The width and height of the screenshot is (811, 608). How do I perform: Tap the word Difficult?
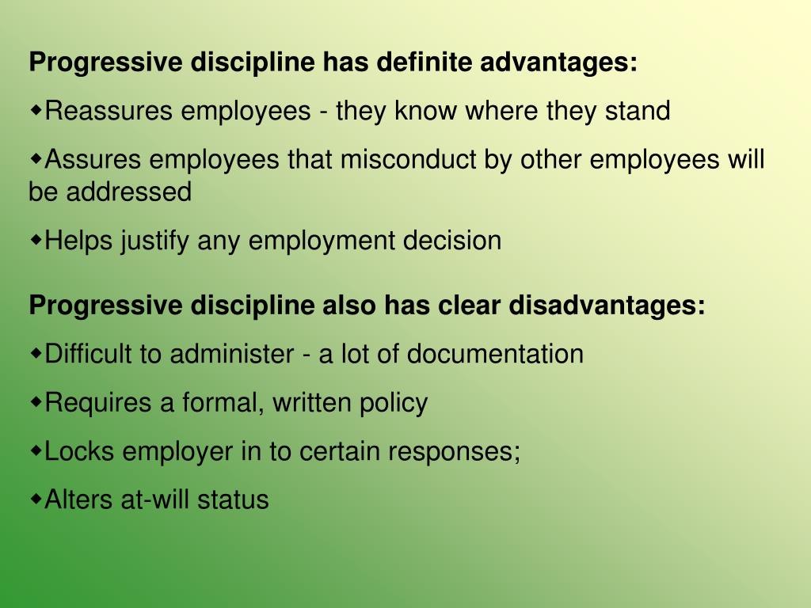pos(89,354)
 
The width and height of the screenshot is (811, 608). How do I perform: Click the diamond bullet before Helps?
pos(36,238)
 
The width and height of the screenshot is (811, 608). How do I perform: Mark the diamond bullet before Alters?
pos(36,499)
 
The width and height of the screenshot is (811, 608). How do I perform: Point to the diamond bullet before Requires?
pos(36,401)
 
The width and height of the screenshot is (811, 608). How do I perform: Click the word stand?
pos(638,111)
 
